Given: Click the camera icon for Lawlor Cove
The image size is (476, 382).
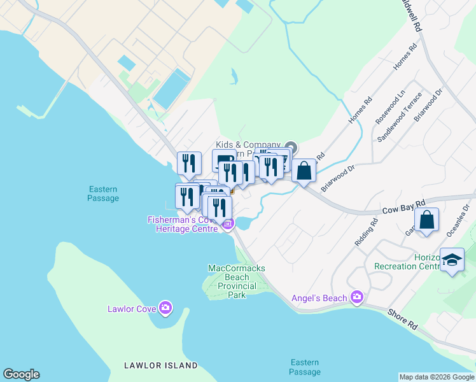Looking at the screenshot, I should [x=165, y=309].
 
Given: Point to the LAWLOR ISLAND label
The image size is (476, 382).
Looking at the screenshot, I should [x=160, y=365].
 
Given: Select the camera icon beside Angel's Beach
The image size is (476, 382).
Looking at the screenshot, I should [x=356, y=297].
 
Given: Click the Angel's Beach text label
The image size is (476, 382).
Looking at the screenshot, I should [x=319, y=298].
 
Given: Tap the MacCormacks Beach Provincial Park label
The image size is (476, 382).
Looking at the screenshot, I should [x=237, y=281].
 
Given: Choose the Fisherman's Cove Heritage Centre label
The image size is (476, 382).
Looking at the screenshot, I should [x=183, y=224].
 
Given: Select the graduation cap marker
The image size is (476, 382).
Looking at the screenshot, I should [x=452, y=260].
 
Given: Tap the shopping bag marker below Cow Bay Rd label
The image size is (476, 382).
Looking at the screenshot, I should [x=427, y=220].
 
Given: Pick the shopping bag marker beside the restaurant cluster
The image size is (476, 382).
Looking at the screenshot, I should [x=304, y=171].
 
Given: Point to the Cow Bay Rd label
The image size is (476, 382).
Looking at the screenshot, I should [x=403, y=206].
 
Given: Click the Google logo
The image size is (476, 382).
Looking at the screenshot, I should [x=21, y=374].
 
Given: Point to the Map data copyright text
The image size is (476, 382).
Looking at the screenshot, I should [x=436, y=377].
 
